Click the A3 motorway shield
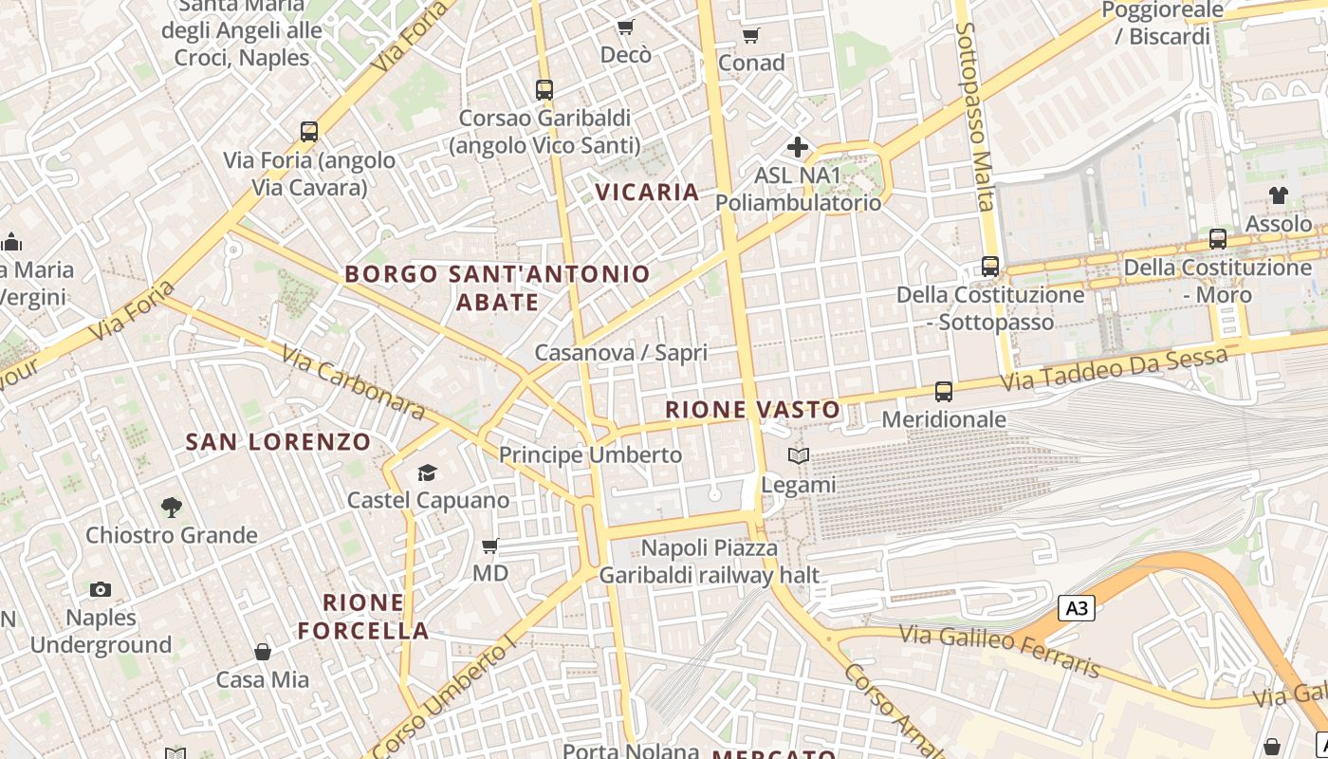click(x=1077, y=608)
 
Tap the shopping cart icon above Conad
click(x=751, y=36)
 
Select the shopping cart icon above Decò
click(x=625, y=27)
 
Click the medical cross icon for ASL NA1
click(x=798, y=147)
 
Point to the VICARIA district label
click(x=647, y=193)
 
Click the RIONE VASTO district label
click(x=752, y=410)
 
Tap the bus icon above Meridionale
click(x=944, y=391)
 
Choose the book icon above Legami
click(x=799, y=456)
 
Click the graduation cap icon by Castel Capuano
click(x=428, y=472)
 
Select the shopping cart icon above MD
click(x=490, y=546)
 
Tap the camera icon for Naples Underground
click(x=100, y=590)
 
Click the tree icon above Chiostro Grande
click(x=172, y=508)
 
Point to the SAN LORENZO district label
click(x=278, y=442)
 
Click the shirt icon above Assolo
click(x=1279, y=195)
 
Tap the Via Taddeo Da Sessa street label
click(x=1116, y=370)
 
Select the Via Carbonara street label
click(x=354, y=381)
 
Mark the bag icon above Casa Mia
click(x=263, y=652)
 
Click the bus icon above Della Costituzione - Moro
click(x=1218, y=239)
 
